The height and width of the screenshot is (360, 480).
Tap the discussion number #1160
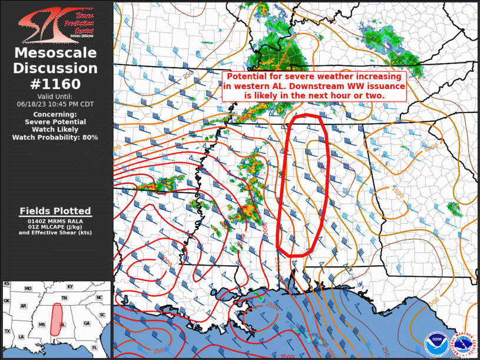[55, 83]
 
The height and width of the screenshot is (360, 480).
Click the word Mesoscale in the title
[55, 54]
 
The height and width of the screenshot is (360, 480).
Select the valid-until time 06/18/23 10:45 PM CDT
[55, 104]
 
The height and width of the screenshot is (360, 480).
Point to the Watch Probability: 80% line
[55, 137]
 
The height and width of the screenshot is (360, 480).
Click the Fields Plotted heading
[55, 211]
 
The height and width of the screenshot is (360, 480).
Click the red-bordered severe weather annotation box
[314, 86]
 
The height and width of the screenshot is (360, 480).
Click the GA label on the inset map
[87, 323]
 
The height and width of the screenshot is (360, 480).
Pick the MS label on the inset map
[42, 325]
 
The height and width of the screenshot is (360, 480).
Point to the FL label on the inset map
[94, 348]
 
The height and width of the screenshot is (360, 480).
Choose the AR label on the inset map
[24, 306]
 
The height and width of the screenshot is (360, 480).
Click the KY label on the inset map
[70, 287]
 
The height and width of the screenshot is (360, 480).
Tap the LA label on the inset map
[21, 337]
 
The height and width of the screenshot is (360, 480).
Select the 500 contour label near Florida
[433, 302]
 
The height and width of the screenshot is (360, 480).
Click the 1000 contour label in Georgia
[398, 191]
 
